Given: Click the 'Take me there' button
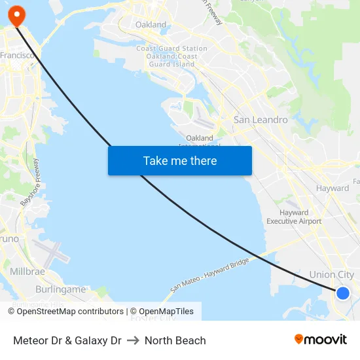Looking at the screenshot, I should click(179, 160).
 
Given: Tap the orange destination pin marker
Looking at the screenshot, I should click(16, 14).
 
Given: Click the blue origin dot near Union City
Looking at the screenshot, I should click(342, 293).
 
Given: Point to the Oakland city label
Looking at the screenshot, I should click(151, 25).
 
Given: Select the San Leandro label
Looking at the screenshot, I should click(261, 120).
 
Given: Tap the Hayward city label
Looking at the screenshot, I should click(333, 188).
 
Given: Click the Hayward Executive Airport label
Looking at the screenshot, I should click(294, 217).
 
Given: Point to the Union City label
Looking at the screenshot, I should click(331, 275).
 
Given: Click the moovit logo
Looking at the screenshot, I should click(320, 339).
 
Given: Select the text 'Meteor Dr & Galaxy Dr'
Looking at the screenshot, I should click(67, 340).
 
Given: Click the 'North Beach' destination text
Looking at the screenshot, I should click(175, 340).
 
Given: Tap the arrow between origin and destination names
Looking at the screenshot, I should click(133, 340).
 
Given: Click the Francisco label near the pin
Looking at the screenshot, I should click(18, 56).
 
